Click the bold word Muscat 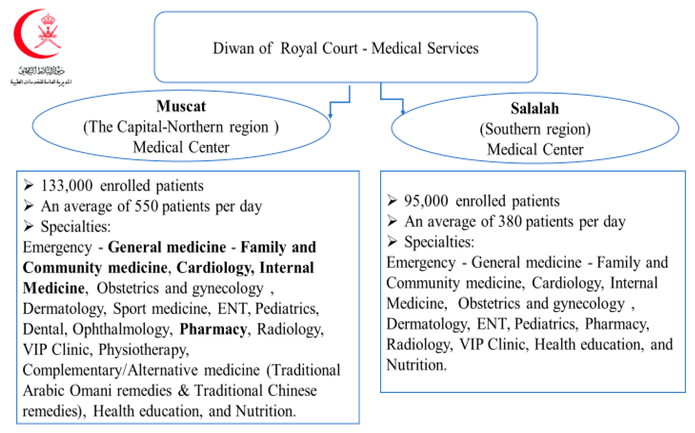(x=181, y=106)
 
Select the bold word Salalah (x=535, y=109)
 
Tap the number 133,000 (x=67, y=186)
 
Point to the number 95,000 (x=426, y=201)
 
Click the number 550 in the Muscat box (x=146, y=206)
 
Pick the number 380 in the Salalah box (x=510, y=221)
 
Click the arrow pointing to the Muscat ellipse (x=330, y=115)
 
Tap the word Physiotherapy (x=144, y=350)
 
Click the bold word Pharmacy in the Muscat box (x=213, y=329)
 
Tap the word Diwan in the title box (x=233, y=48)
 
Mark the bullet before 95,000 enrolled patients (x=392, y=200)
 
